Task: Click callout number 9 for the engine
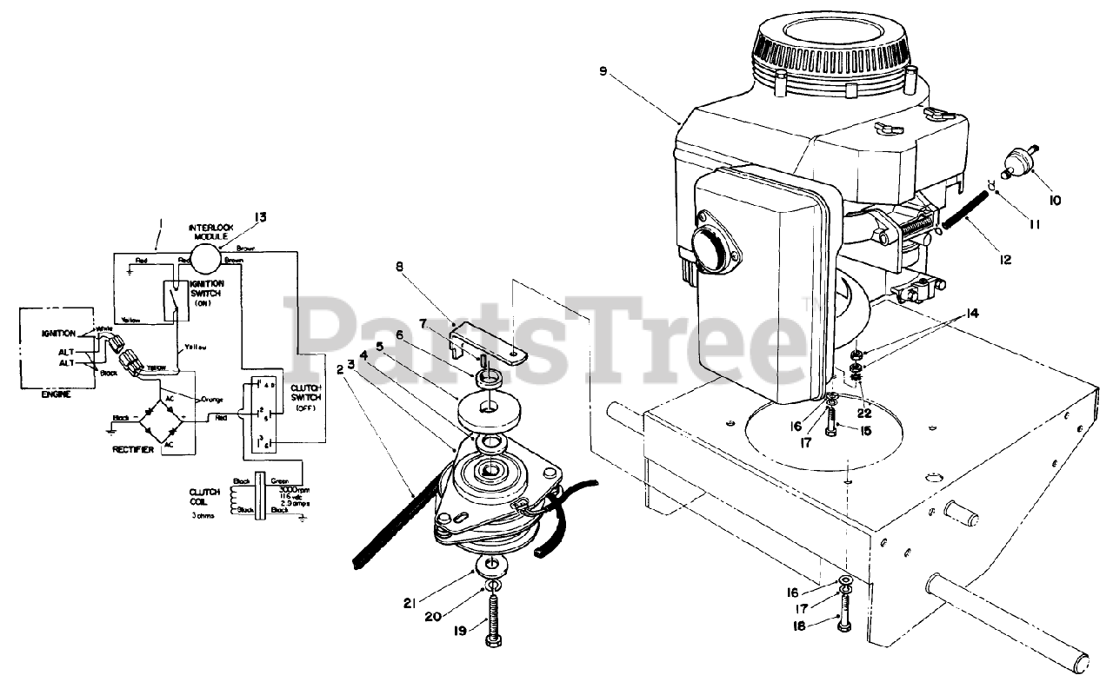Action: coord(603,72)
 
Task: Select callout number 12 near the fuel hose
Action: coord(1006,258)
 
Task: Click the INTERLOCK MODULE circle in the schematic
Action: coord(207,258)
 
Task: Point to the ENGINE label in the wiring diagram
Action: coord(55,394)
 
